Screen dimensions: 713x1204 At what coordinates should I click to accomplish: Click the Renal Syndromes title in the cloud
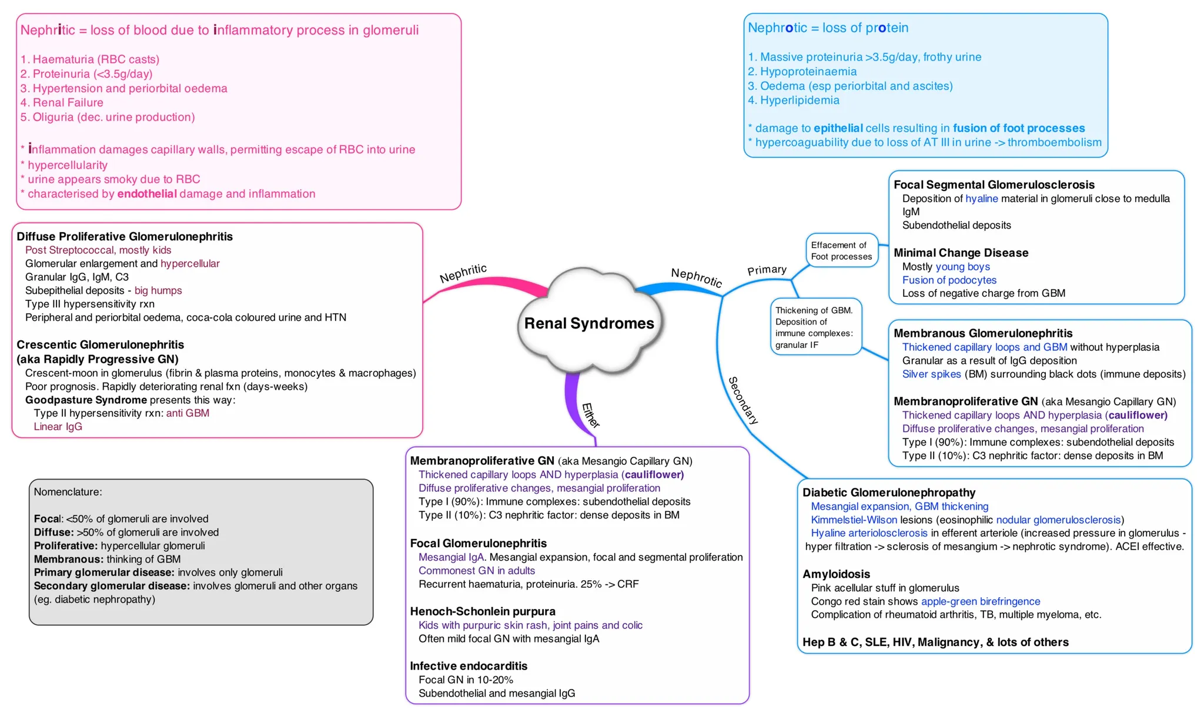click(x=588, y=323)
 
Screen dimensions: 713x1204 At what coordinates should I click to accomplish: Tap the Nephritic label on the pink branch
click(x=463, y=273)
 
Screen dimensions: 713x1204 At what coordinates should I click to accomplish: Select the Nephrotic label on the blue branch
click(x=697, y=277)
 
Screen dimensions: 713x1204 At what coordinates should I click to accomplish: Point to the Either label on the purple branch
click(x=590, y=415)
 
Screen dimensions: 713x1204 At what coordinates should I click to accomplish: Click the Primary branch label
click(x=767, y=270)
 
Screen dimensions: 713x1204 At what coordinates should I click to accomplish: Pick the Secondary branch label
click(x=743, y=400)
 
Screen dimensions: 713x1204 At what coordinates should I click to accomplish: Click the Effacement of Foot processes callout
click(x=841, y=251)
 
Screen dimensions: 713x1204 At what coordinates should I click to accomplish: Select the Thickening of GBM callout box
click(x=815, y=327)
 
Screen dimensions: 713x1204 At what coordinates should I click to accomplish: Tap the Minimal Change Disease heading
click(x=961, y=253)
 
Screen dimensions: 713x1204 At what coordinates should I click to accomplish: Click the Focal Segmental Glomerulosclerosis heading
click(x=994, y=185)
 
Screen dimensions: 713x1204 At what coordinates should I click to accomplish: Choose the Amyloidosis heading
click(x=836, y=574)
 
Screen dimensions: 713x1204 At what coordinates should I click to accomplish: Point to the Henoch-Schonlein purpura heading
click(x=483, y=611)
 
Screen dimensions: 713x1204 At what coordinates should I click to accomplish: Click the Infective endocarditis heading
click(x=469, y=666)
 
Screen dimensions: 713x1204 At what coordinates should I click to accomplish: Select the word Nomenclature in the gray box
click(x=68, y=492)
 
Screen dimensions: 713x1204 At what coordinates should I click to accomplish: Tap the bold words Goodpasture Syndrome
click(x=86, y=400)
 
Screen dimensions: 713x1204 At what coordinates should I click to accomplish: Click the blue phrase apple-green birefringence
click(x=980, y=601)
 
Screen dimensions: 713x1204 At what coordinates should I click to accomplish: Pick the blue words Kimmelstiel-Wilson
click(x=854, y=520)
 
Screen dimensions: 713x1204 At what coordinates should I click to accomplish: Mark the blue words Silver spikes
click(x=931, y=374)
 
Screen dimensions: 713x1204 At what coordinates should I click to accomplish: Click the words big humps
click(x=158, y=290)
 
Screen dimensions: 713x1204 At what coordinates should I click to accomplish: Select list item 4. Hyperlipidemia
click(x=794, y=101)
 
